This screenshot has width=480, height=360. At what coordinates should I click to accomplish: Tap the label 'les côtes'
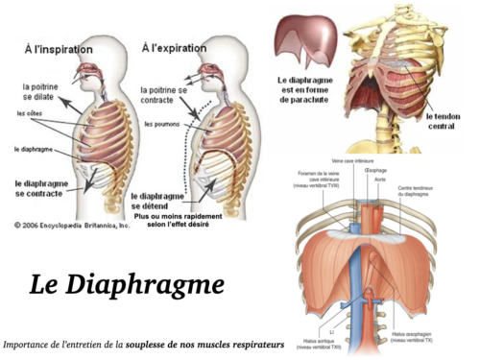(32, 113)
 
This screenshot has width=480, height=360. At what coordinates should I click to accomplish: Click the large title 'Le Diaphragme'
(114, 284)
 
